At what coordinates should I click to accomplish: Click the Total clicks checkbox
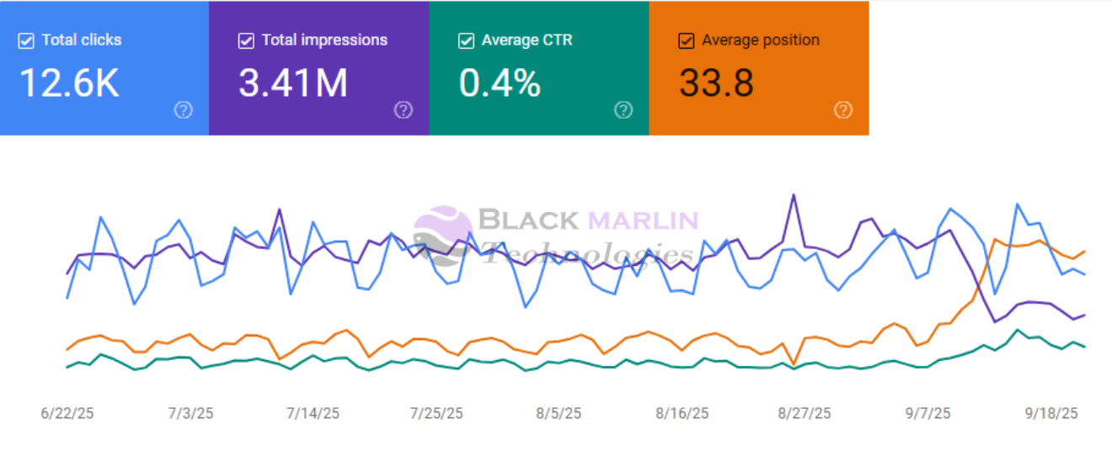coord(26,40)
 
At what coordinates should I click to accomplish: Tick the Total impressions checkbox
coord(246,40)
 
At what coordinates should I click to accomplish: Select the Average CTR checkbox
coord(466,40)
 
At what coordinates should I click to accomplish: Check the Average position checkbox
coord(687,40)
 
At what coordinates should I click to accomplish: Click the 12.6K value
coord(69,83)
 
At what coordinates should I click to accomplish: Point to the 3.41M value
coord(293,83)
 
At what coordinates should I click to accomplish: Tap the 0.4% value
coord(500,83)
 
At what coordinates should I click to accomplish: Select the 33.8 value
coord(716,83)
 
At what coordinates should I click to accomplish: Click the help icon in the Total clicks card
coord(183,109)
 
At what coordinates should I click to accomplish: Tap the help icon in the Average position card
coord(843,109)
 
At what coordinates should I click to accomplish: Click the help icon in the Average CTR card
coord(623,109)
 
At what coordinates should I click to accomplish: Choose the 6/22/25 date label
coord(67,413)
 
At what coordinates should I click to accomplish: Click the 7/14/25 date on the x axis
coord(313,413)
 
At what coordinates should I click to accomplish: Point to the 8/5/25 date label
coord(559,413)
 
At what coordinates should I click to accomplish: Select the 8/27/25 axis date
coord(805,413)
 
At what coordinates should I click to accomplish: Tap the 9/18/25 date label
coord(1051,413)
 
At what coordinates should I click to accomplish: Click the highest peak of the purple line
coord(794,195)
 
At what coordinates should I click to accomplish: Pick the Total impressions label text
coord(324,40)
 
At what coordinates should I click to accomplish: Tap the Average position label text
coord(761,40)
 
